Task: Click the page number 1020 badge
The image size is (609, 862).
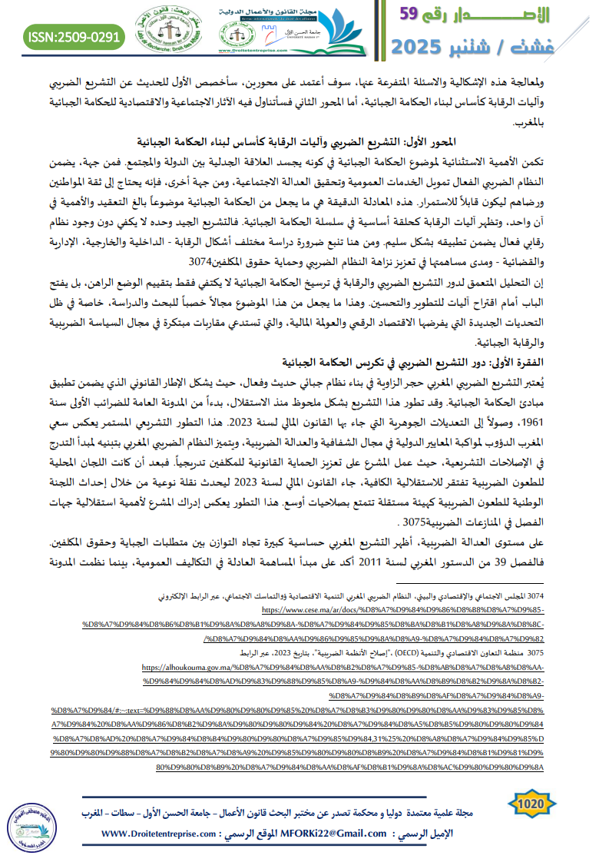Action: click(531, 803)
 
